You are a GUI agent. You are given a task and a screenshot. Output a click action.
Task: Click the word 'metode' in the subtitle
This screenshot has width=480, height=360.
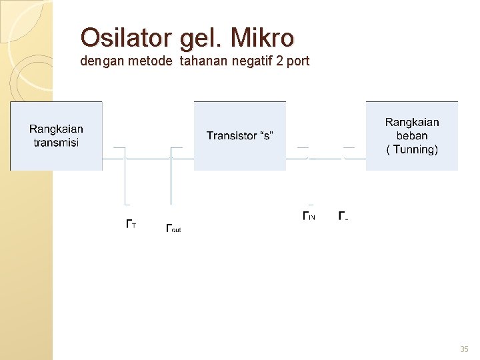(155, 61)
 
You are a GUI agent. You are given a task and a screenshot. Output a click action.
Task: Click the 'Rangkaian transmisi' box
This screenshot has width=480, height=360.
(56, 135)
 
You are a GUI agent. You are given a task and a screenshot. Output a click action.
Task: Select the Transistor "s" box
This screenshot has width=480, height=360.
(240, 135)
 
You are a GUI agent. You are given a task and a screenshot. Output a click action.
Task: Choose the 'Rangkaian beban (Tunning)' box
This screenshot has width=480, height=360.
(412, 135)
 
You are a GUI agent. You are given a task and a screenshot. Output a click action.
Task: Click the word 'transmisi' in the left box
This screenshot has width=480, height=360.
(56, 142)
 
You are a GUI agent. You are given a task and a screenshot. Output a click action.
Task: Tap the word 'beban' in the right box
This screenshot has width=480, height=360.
(412, 136)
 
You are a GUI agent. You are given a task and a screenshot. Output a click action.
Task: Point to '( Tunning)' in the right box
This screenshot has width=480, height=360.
(412, 149)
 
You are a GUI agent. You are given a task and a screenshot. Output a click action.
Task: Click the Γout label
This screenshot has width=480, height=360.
(173, 228)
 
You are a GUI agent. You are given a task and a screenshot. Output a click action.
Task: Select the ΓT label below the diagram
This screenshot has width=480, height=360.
(131, 225)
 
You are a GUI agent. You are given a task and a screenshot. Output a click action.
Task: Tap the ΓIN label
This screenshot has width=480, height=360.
(309, 216)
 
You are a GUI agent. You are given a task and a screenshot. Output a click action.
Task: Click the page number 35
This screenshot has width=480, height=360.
(464, 349)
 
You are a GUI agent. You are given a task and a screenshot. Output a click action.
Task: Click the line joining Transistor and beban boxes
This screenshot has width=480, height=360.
(326, 159)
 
